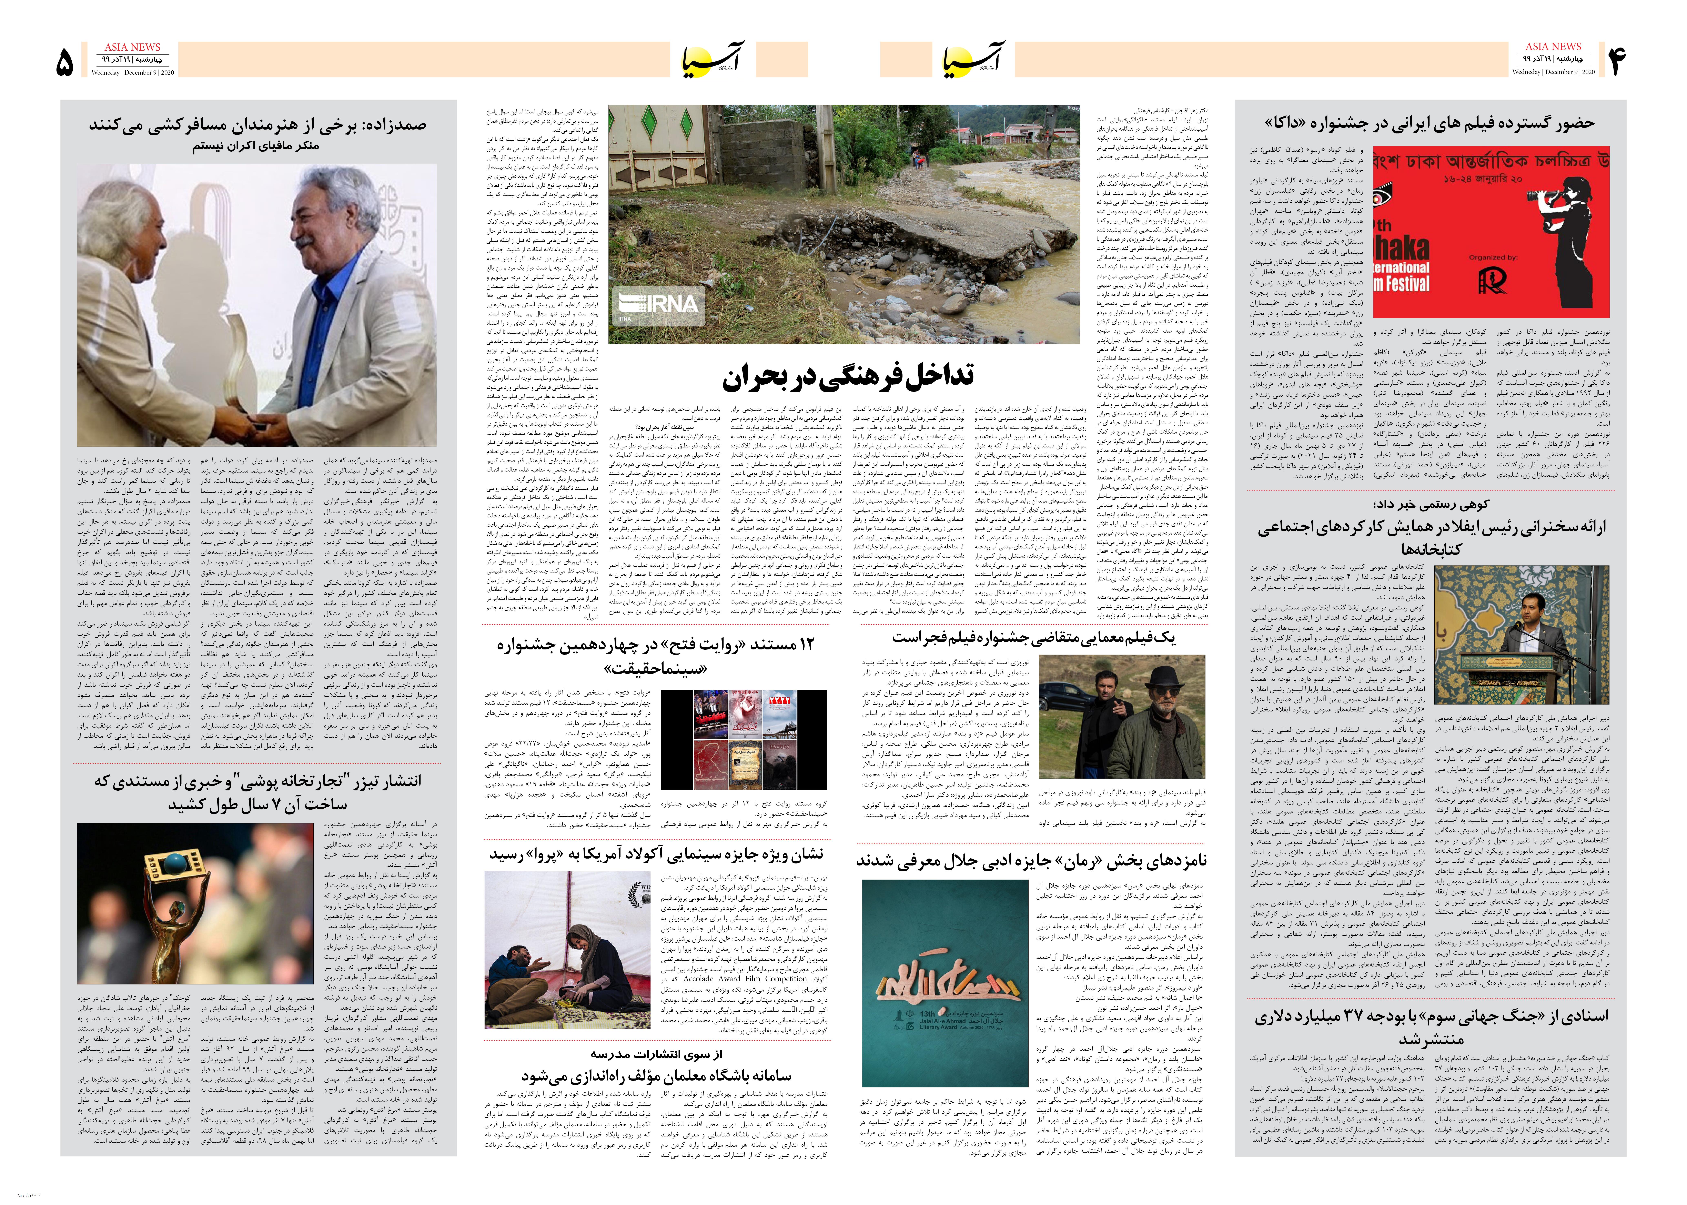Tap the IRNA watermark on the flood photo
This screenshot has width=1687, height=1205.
(x=657, y=306)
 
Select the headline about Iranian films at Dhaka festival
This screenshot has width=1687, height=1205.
(x=1430, y=122)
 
